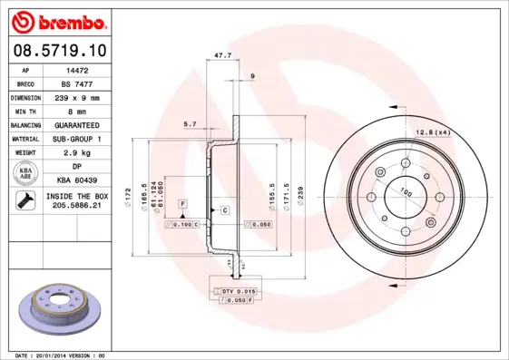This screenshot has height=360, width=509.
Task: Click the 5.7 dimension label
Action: click(190, 123)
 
